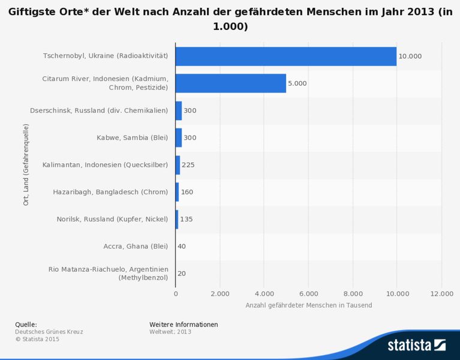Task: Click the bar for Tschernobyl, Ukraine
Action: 285,56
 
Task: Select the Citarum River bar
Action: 230,83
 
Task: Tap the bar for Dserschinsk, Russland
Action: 179,110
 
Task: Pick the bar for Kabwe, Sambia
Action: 179,137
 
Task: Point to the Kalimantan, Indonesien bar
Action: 178,164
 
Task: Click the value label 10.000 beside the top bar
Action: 410,56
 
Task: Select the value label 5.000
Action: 297,83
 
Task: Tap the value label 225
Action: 189,164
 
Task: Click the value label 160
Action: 188,192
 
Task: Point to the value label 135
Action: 187,219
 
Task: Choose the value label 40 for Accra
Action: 182,246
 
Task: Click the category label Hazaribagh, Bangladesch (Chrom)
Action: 110,192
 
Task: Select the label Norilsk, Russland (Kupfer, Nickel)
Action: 112,219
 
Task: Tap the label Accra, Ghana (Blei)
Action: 136,246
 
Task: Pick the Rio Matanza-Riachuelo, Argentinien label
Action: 109,273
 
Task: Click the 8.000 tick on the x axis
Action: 353,293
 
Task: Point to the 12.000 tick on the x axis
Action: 441,293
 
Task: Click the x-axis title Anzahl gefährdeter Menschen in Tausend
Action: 308,305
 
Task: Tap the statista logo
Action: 416,345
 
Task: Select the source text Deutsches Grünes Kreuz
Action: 49,331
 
